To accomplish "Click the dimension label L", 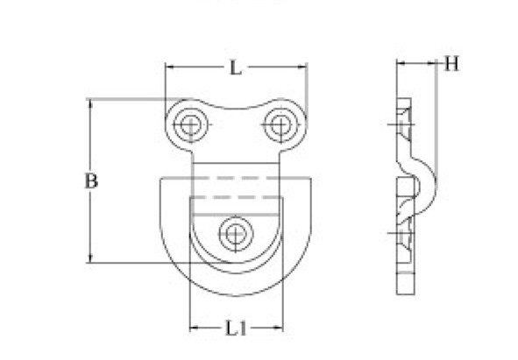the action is [235, 68].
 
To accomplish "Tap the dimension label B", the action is [91, 180].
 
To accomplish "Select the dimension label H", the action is [451, 64].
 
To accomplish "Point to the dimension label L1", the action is [236, 328].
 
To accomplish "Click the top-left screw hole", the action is [190, 125].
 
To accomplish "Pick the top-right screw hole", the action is [280, 125].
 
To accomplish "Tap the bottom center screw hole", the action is [235, 234].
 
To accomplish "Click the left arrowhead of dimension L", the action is [170, 67].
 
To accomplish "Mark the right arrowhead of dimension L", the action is [302, 67].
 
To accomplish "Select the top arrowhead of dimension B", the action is [90, 103].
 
